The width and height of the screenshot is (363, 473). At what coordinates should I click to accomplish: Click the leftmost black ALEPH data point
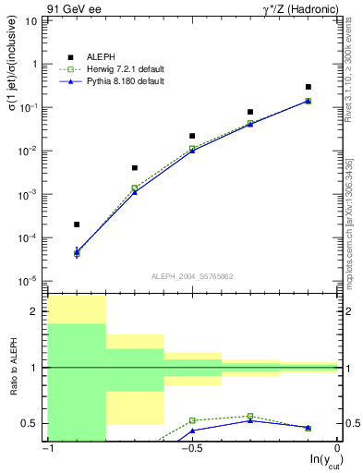77,224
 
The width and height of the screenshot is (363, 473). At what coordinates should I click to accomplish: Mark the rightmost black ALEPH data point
309,87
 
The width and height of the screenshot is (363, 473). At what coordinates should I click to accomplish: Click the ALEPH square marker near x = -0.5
192,136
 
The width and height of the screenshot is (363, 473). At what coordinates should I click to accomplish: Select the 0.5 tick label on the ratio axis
31,424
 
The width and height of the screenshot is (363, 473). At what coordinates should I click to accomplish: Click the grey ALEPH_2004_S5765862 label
191,275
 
